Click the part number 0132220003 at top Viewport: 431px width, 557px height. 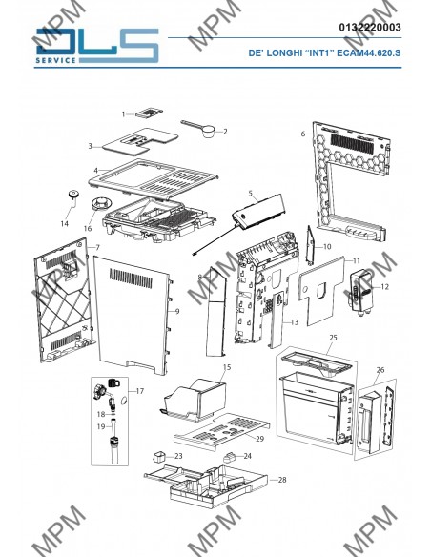point(370,28)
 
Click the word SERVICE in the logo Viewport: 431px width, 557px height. point(55,60)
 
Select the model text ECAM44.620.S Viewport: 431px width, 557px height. point(368,53)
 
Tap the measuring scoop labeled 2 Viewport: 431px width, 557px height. point(197,128)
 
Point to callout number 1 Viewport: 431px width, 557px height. point(124,114)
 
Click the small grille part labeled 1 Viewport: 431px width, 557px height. point(149,112)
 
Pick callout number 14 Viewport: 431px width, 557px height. point(64,223)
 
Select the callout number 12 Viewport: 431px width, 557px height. point(384,287)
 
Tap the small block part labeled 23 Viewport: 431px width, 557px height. point(159,457)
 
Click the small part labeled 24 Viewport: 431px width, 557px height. point(230,457)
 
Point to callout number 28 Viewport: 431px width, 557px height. point(282,480)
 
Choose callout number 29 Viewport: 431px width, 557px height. point(260,439)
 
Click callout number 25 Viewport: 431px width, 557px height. point(333,338)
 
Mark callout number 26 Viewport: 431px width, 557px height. point(380,370)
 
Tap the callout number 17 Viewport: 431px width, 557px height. point(140,391)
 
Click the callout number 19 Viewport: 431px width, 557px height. point(101,426)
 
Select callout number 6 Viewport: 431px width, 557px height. point(303,134)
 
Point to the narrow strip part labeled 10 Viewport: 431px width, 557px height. point(310,245)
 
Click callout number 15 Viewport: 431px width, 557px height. point(227,367)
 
